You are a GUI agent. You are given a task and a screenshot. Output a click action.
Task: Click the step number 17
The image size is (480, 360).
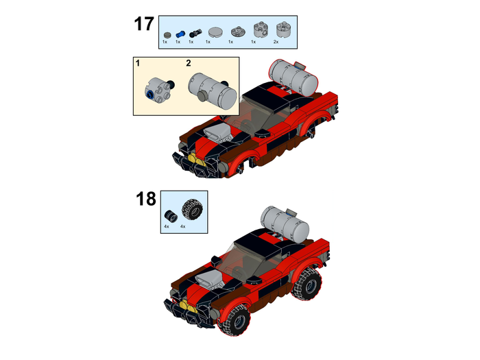click(144, 24)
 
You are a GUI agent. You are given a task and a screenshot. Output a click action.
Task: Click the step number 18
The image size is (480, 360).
click(145, 199)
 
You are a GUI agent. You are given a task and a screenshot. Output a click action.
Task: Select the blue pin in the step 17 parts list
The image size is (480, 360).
click(180, 34)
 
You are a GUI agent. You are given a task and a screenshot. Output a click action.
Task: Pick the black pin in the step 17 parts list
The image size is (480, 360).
click(195, 33)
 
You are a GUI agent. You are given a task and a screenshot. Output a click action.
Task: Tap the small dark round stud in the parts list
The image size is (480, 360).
click(167, 35)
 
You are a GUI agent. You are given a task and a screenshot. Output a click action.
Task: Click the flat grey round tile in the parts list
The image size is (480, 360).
click(215, 32)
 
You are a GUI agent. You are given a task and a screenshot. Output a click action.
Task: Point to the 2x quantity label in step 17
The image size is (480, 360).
click(276, 42)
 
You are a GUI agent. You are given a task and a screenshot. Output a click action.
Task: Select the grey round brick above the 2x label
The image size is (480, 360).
click(283, 29)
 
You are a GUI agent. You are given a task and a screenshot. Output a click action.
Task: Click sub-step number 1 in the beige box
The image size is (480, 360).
click(138, 63)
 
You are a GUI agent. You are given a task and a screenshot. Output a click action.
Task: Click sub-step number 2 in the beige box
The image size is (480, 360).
click(189, 63)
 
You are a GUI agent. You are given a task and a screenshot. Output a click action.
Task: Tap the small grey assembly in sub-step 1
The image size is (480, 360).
click(159, 90)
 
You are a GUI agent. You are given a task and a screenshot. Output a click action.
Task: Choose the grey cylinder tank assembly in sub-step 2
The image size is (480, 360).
click(213, 91)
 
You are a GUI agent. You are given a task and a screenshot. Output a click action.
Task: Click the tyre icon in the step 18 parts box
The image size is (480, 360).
click(192, 209)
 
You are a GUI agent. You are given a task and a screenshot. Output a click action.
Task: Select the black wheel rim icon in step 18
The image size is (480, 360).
click(171, 215)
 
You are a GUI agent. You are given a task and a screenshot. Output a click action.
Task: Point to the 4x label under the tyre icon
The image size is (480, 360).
click(183, 226)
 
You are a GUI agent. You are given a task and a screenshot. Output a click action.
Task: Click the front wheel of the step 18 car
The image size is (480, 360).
click(235, 320)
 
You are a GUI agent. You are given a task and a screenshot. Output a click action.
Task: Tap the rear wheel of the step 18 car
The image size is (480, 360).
click(307, 284)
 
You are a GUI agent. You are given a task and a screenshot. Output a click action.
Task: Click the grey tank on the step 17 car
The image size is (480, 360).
click(293, 77)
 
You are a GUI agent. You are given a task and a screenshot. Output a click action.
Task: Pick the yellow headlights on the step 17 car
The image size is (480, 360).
click(196, 160)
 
